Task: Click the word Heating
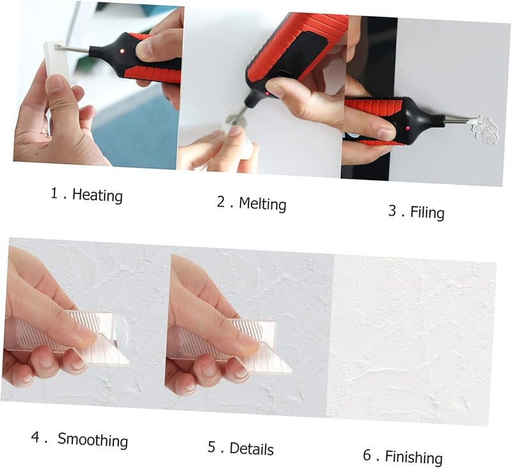(x=97, y=195)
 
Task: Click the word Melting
(x=262, y=204)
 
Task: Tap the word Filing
(x=427, y=212)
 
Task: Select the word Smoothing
(x=93, y=440)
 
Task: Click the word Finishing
(x=413, y=456)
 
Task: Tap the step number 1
(x=54, y=192)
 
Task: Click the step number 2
(x=221, y=201)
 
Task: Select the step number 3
(x=392, y=209)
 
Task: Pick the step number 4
(x=36, y=437)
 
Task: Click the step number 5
(x=212, y=446)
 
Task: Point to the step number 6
(x=367, y=455)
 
